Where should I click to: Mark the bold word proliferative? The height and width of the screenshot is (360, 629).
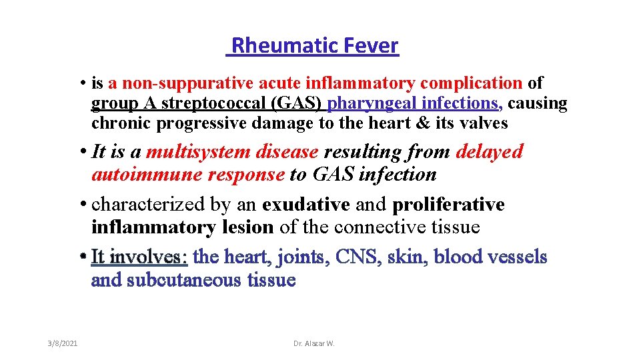pyautogui.click(x=448, y=204)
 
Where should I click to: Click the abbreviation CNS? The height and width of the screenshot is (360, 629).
pyautogui.click(x=361, y=257)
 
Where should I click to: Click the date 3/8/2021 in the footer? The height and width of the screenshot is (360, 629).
pyautogui.click(x=63, y=343)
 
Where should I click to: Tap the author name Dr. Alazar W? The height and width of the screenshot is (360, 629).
pyautogui.click(x=314, y=343)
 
